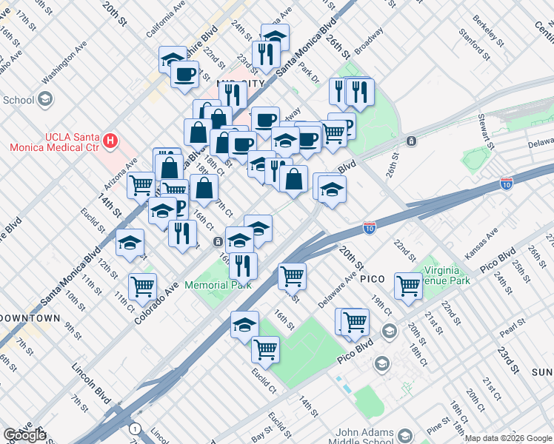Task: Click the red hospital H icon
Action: [110, 139]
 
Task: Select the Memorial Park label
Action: [218, 285]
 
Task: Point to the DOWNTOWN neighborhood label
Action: [30, 317]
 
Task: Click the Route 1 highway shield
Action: [134, 428]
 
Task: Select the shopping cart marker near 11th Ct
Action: [142, 286]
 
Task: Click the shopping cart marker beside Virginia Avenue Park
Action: [408, 285]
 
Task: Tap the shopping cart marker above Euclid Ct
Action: [265, 349]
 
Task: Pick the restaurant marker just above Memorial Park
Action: [242, 264]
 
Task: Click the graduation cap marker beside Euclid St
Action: [130, 241]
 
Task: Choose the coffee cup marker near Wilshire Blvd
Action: [184, 73]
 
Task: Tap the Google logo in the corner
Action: [24, 435]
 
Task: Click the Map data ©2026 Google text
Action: [507, 438]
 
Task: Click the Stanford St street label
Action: [473, 44]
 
